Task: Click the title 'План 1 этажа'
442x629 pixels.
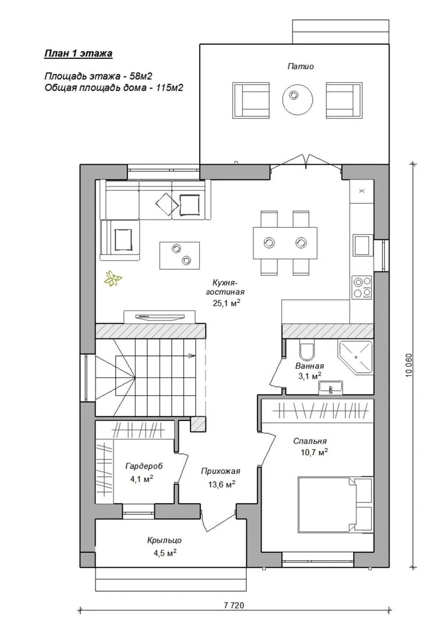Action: click(78, 54)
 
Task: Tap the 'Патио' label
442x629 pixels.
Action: click(300, 66)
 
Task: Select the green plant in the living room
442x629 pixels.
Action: click(113, 278)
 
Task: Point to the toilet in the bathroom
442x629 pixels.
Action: click(307, 350)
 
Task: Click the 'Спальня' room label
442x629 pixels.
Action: click(310, 441)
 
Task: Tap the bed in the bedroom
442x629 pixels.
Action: click(335, 504)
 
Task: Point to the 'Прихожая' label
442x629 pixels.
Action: click(221, 471)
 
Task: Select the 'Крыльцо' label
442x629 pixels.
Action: click(164, 540)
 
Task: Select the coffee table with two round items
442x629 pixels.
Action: click(180, 255)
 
